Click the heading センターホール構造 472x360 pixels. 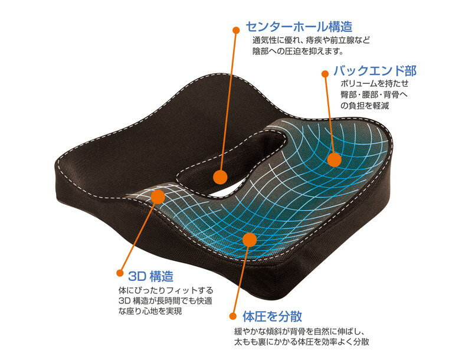click(299, 27)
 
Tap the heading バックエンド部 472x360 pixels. click(375, 71)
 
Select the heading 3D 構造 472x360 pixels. click(151, 276)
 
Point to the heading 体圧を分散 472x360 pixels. click(273, 316)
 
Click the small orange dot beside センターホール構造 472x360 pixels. click(237, 30)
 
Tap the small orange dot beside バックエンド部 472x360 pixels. click(325, 74)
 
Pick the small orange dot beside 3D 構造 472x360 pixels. click(120, 273)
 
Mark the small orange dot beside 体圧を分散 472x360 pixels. click(232, 316)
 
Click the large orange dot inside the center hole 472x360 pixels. click(220, 176)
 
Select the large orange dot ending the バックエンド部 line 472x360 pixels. click(334, 159)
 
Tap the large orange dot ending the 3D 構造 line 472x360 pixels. click(158, 197)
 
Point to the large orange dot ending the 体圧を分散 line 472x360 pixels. click(249, 240)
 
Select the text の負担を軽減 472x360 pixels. click(365, 106)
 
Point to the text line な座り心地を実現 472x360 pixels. click(150, 311)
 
